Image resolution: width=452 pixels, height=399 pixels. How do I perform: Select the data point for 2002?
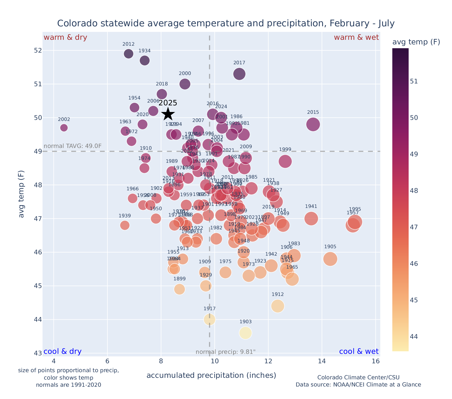(x=64, y=128)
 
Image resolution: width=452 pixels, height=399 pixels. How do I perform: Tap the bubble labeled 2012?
(x=129, y=54)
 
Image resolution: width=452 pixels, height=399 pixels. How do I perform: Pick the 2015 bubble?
(x=313, y=124)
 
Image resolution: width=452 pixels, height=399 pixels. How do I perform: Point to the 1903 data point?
(x=245, y=333)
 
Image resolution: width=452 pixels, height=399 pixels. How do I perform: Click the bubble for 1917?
(x=209, y=319)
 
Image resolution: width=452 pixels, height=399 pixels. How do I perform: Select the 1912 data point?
(x=278, y=306)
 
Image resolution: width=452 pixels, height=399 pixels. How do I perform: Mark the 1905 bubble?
(x=330, y=259)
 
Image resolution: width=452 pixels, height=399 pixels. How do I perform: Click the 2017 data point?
(x=239, y=74)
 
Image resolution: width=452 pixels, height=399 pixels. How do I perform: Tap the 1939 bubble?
(x=125, y=225)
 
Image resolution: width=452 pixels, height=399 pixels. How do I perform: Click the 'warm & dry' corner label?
(x=65, y=38)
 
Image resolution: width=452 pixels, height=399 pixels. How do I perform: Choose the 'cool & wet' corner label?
(x=359, y=351)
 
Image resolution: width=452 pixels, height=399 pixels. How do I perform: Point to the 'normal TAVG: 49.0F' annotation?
(x=73, y=146)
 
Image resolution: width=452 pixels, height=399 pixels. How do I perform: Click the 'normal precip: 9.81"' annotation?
(x=225, y=352)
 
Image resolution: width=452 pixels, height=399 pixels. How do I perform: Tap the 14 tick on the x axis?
(x=322, y=361)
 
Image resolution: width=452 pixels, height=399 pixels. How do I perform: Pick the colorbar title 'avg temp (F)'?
(x=416, y=42)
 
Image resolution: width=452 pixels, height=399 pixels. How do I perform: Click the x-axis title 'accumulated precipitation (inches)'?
(x=211, y=375)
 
